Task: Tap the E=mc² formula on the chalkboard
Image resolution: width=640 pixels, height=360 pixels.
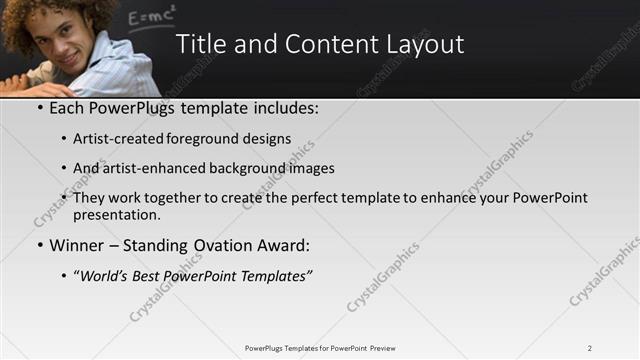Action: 152,15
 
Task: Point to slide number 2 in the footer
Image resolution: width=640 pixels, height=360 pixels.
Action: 589,348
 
